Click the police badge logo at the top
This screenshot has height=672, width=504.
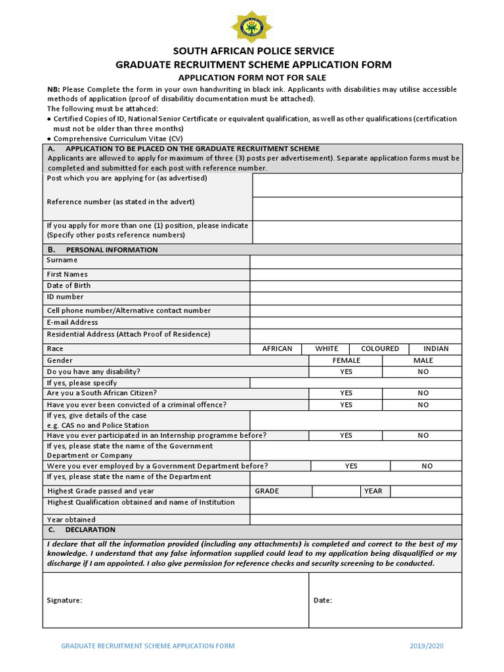(251, 27)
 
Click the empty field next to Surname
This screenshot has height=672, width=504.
(356, 261)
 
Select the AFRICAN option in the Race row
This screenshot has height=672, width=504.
(277, 348)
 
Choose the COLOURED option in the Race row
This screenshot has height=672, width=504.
(379, 348)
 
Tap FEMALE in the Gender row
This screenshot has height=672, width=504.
(346, 360)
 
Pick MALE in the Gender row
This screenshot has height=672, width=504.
(423, 360)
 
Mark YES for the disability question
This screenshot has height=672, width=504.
(346, 371)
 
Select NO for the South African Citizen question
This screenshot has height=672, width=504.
(423, 393)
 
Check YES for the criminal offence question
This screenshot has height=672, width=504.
(346, 405)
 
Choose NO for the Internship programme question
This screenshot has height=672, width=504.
(423, 435)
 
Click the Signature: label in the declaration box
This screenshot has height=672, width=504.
(64, 600)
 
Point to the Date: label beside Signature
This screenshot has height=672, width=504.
(322, 600)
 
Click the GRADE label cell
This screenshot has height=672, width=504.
(267, 491)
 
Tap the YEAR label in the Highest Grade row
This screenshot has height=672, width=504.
(373, 491)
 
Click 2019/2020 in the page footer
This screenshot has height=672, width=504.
(426, 646)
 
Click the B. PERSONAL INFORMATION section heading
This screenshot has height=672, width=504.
(102, 249)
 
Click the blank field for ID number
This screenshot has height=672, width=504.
(356, 297)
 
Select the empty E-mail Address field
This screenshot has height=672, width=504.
(356, 322)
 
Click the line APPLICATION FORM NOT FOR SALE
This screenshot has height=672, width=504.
(253, 77)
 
